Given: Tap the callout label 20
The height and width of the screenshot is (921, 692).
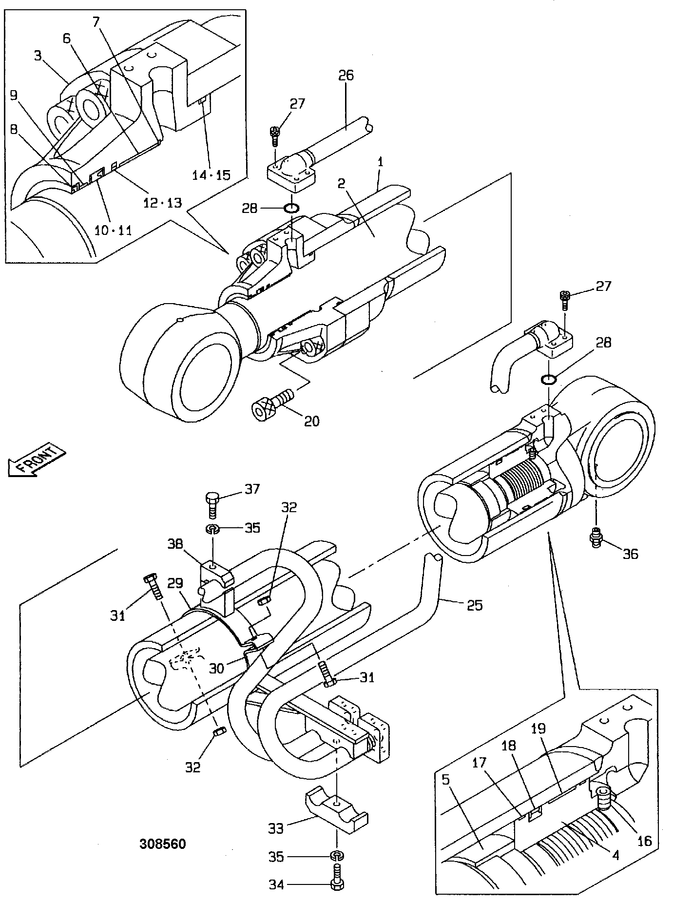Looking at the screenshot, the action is pos(312,421).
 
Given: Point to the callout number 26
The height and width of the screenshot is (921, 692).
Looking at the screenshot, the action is pos(346,76).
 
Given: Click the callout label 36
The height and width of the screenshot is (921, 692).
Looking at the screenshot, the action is pos(631,554).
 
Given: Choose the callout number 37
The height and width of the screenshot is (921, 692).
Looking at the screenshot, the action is pos(252,489).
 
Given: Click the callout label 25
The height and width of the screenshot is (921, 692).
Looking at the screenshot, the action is pos(474,605).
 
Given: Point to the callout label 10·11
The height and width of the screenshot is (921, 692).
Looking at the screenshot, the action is pos(113,230).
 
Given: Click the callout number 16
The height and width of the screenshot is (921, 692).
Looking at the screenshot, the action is pos(644,841).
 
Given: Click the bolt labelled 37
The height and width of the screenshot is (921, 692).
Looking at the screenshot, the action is pos(212,505).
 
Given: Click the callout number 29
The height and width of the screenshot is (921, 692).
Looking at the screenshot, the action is pos(176,583).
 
